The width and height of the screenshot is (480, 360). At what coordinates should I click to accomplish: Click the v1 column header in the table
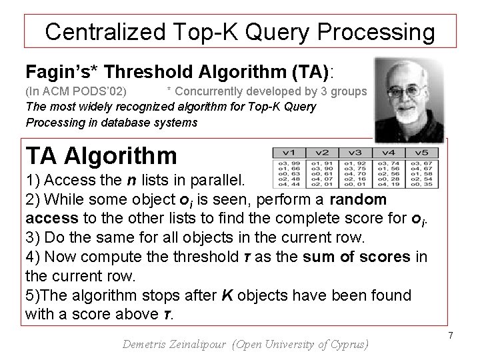coord(289,152)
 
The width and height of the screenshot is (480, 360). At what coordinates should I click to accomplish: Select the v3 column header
coord(355,152)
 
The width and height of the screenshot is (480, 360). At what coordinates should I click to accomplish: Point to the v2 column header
coord(321,152)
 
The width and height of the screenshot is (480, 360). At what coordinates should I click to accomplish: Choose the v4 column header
coord(388,152)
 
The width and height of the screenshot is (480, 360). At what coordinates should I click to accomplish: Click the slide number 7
coord(451,334)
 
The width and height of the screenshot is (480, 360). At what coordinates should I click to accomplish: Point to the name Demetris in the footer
coord(149,345)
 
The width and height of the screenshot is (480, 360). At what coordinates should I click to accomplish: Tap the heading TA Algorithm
coord(101,156)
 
